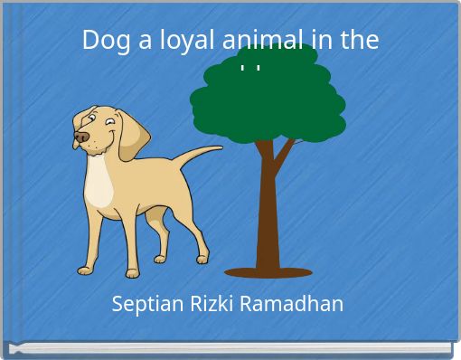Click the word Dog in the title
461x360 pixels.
pos(102,41)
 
